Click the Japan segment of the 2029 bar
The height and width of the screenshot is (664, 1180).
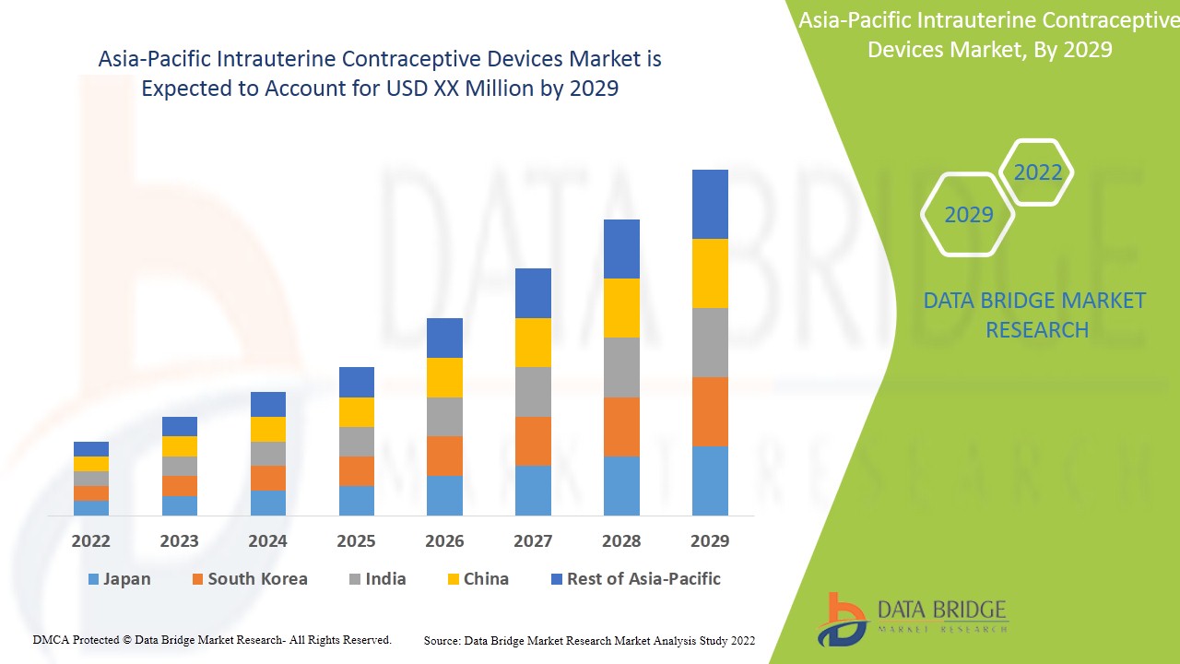click(x=710, y=480)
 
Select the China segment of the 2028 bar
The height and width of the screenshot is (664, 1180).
click(x=621, y=308)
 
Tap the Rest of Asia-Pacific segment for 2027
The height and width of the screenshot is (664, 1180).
click(x=533, y=293)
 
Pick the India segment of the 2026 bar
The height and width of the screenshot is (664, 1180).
click(x=444, y=417)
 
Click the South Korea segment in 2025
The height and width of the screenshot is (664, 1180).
click(x=357, y=471)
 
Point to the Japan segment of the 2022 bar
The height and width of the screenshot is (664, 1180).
click(x=91, y=508)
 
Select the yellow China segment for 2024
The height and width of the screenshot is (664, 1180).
click(x=268, y=429)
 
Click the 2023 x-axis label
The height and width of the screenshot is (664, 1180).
click(x=180, y=540)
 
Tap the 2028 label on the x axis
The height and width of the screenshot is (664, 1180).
click(x=621, y=540)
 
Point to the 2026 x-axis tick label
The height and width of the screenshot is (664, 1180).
click(x=444, y=540)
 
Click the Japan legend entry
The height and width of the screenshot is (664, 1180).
click(x=119, y=579)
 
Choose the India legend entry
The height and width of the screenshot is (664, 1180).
click(x=377, y=579)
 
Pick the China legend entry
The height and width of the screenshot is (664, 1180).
click(x=477, y=579)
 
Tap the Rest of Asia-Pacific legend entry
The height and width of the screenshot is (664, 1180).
click(x=635, y=579)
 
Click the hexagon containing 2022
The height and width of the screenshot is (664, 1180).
click(x=1037, y=172)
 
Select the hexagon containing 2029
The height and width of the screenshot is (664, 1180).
click(x=968, y=215)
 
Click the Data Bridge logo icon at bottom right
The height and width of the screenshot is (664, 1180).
click(x=842, y=619)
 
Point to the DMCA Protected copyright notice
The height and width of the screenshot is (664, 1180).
click(x=212, y=639)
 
